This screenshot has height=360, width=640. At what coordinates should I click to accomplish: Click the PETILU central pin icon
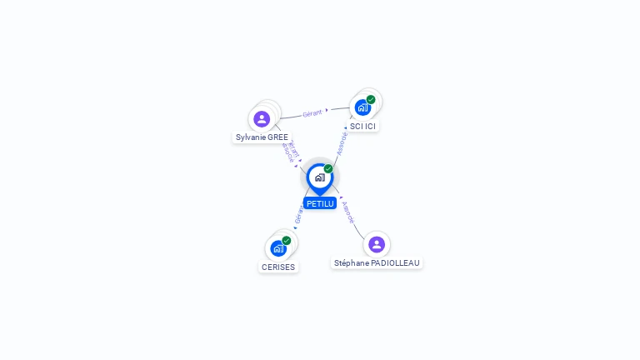pyautogui.click(x=319, y=177)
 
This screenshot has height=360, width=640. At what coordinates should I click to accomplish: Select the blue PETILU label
pyautogui.click(x=319, y=203)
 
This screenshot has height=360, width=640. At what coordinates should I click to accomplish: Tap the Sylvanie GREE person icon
pyautogui.click(x=262, y=119)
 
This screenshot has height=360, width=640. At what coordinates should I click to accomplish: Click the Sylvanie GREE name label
pyautogui.click(x=262, y=137)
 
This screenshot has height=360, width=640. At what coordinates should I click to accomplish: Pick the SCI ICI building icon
pyautogui.click(x=362, y=107)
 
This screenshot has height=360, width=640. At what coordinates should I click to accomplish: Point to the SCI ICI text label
pyautogui.click(x=362, y=127)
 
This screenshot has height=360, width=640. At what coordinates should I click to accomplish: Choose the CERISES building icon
pyautogui.click(x=277, y=248)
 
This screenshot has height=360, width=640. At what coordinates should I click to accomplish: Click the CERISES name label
pyautogui.click(x=278, y=267)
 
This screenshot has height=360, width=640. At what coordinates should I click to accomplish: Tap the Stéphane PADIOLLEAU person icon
pyautogui.click(x=377, y=244)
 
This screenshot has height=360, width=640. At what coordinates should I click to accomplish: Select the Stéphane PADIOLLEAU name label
pyautogui.click(x=377, y=262)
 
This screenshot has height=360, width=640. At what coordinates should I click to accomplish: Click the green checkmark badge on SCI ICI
pyautogui.click(x=371, y=100)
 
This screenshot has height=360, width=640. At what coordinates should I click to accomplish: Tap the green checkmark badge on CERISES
pyautogui.click(x=287, y=241)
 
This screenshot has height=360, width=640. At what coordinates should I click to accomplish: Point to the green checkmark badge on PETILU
pyautogui.click(x=328, y=169)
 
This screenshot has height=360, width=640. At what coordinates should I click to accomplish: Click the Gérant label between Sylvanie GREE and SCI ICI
pyautogui.click(x=312, y=112)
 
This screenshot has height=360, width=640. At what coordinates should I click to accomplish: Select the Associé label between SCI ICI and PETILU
pyautogui.click(x=342, y=142)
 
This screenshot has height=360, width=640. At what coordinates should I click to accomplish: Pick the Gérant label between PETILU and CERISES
pyautogui.click(x=298, y=214)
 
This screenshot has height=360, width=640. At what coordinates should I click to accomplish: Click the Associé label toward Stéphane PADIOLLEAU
pyautogui.click(x=348, y=212)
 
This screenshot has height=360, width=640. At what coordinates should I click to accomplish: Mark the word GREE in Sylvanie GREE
pyautogui.click(x=277, y=137)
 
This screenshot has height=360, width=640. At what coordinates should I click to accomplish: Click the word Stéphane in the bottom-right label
pyautogui.click(x=352, y=262)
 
